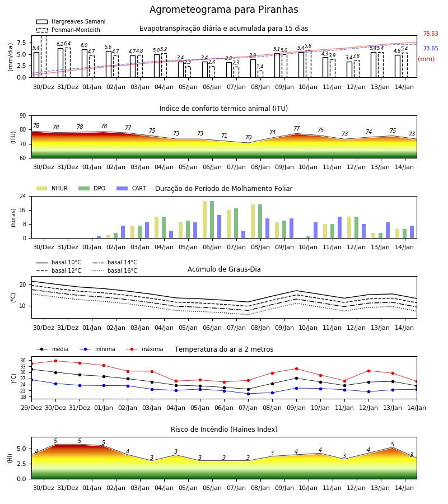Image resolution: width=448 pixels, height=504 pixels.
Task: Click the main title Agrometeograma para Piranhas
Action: (x=223, y=10)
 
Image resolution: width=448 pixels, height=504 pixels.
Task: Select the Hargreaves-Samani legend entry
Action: (x=71, y=21)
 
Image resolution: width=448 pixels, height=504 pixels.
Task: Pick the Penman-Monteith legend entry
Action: (x=68, y=30)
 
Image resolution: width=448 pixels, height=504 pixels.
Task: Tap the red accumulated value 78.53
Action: (x=431, y=34)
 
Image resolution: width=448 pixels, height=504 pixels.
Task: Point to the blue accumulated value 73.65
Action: (x=431, y=48)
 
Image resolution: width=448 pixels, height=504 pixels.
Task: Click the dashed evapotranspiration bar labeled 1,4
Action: (x=260, y=74)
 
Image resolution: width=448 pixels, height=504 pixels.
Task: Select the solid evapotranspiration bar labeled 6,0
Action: (x=85, y=63)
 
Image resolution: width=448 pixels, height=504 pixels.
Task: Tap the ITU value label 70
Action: (x=249, y=137)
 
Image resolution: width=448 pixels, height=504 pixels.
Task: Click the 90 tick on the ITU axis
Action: (x=23, y=116)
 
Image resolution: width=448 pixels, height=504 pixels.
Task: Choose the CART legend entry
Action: (x=132, y=188)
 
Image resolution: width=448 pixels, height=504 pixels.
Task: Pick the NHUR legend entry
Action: (x=52, y=188)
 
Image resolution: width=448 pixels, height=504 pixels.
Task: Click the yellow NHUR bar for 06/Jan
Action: (x=205, y=220)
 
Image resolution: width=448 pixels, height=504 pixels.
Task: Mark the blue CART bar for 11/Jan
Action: (x=340, y=227)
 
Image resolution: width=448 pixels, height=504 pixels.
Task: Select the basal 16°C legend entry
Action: (x=115, y=270)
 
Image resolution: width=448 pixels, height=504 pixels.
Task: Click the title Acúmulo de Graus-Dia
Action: (x=224, y=269)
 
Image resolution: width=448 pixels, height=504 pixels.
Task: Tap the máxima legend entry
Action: (x=144, y=349)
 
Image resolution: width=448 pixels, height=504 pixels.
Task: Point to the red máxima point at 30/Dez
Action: (x=55, y=361)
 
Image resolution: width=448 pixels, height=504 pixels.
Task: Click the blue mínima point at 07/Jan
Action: (x=249, y=394)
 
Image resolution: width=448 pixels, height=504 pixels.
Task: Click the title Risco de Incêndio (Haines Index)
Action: (x=224, y=430)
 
